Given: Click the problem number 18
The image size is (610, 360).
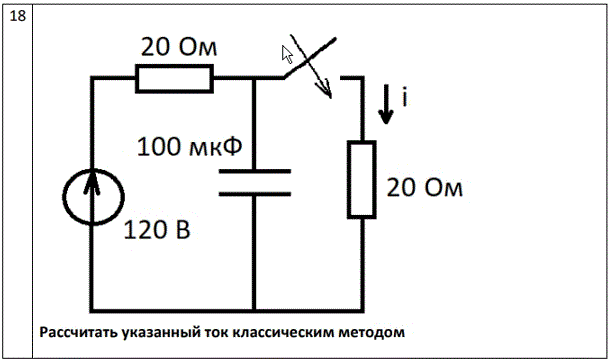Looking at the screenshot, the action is pos(18,16).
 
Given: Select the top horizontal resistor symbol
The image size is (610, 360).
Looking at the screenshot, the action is pos(174,79).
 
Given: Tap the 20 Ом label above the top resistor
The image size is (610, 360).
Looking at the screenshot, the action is pos(179,47).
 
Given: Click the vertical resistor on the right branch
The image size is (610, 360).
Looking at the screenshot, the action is pos(362,179).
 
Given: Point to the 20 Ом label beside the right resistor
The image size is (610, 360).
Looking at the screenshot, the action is pos(424,188).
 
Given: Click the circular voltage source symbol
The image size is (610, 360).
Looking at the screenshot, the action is pos(93,197).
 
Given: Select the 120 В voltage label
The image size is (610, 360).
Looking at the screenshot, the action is pos(157,230).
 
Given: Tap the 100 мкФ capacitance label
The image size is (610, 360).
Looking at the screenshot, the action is pos(189,147).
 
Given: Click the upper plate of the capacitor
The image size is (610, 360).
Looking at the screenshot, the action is pos(255,171).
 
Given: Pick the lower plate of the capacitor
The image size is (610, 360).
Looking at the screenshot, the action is pos(255,193).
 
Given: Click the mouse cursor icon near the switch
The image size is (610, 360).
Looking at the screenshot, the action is pos(287,54).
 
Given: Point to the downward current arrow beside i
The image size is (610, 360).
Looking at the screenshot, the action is pos(386,104).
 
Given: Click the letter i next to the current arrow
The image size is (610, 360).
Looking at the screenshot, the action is pos(405,97).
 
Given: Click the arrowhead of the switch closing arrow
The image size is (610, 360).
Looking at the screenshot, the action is pos(327,90).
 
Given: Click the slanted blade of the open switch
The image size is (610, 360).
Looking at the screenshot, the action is pos(309,58).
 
